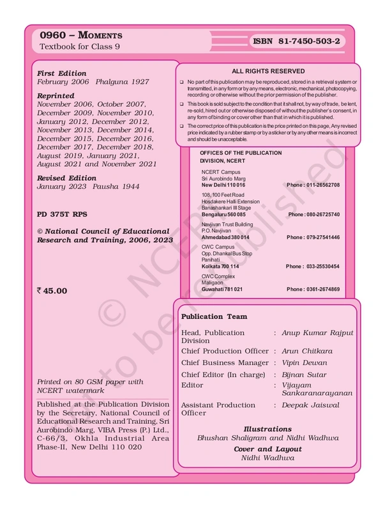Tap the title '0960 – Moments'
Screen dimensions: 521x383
pos(80,35)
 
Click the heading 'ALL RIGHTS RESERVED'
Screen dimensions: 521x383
pos(268,72)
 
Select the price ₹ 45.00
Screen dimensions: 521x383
pos(52,290)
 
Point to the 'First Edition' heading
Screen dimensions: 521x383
pos(61,74)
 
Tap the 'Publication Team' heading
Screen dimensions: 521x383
pos(214,316)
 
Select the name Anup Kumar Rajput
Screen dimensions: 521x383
pos(317,333)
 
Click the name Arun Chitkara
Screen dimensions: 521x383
pos(307,351)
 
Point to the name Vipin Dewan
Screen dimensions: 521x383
pos(304,362)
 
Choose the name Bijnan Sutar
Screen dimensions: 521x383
pos(304,374)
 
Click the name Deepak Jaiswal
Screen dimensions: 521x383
pos(310,405)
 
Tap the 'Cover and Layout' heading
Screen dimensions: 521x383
pos(267,449)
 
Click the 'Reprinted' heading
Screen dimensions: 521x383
pos(56,96)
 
